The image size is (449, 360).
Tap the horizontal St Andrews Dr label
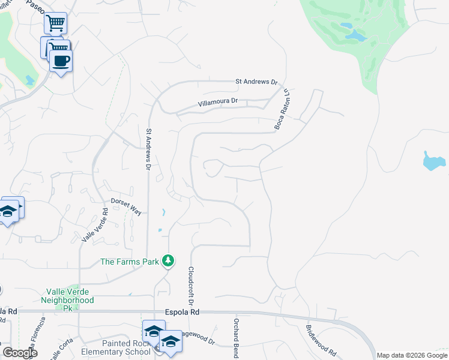tap(256, 82)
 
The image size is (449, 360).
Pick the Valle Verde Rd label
tap(94, 226)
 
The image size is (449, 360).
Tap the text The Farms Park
tap(130, 261)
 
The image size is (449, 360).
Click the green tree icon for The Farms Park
tap(170, 260)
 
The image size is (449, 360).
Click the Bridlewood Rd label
tap(322, 340)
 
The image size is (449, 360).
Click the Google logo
tap(20, 353)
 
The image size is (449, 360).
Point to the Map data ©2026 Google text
tap(412, 355)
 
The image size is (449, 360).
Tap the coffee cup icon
tap(60, 60)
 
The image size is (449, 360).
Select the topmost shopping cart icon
tap(55, 23)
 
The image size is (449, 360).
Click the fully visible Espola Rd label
tap(181, 313)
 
